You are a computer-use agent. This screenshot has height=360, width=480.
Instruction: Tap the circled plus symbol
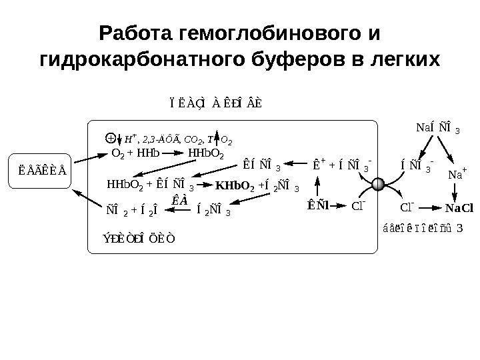point(110,139)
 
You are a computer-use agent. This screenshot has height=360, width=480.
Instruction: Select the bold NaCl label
point(459,207)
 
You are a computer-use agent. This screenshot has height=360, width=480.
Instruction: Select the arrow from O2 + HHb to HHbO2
point(173,153)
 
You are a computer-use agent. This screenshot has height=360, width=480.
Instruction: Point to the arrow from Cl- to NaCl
point(430,207)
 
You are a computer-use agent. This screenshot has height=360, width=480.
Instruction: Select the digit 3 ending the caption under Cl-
point(459,228)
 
